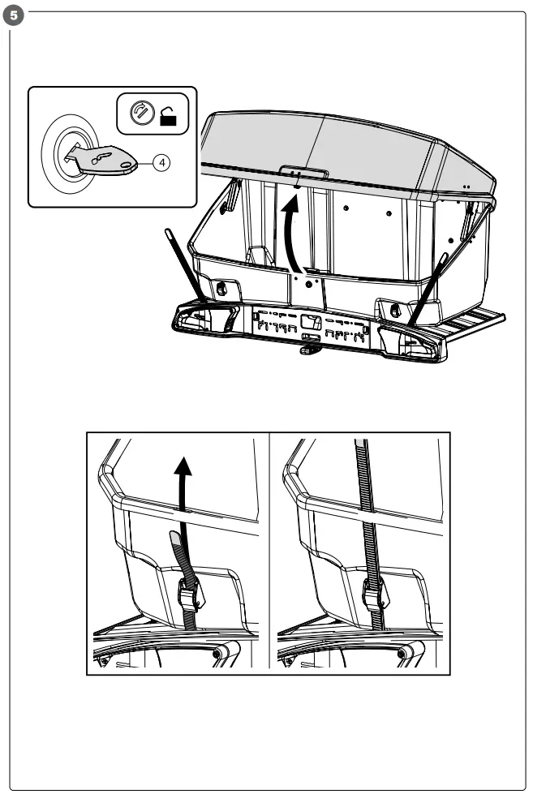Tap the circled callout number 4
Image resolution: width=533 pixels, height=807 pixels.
tap(163, 162)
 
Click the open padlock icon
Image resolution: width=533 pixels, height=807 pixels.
tap(169, 118)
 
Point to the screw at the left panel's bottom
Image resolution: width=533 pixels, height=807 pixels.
tap(217, 653)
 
